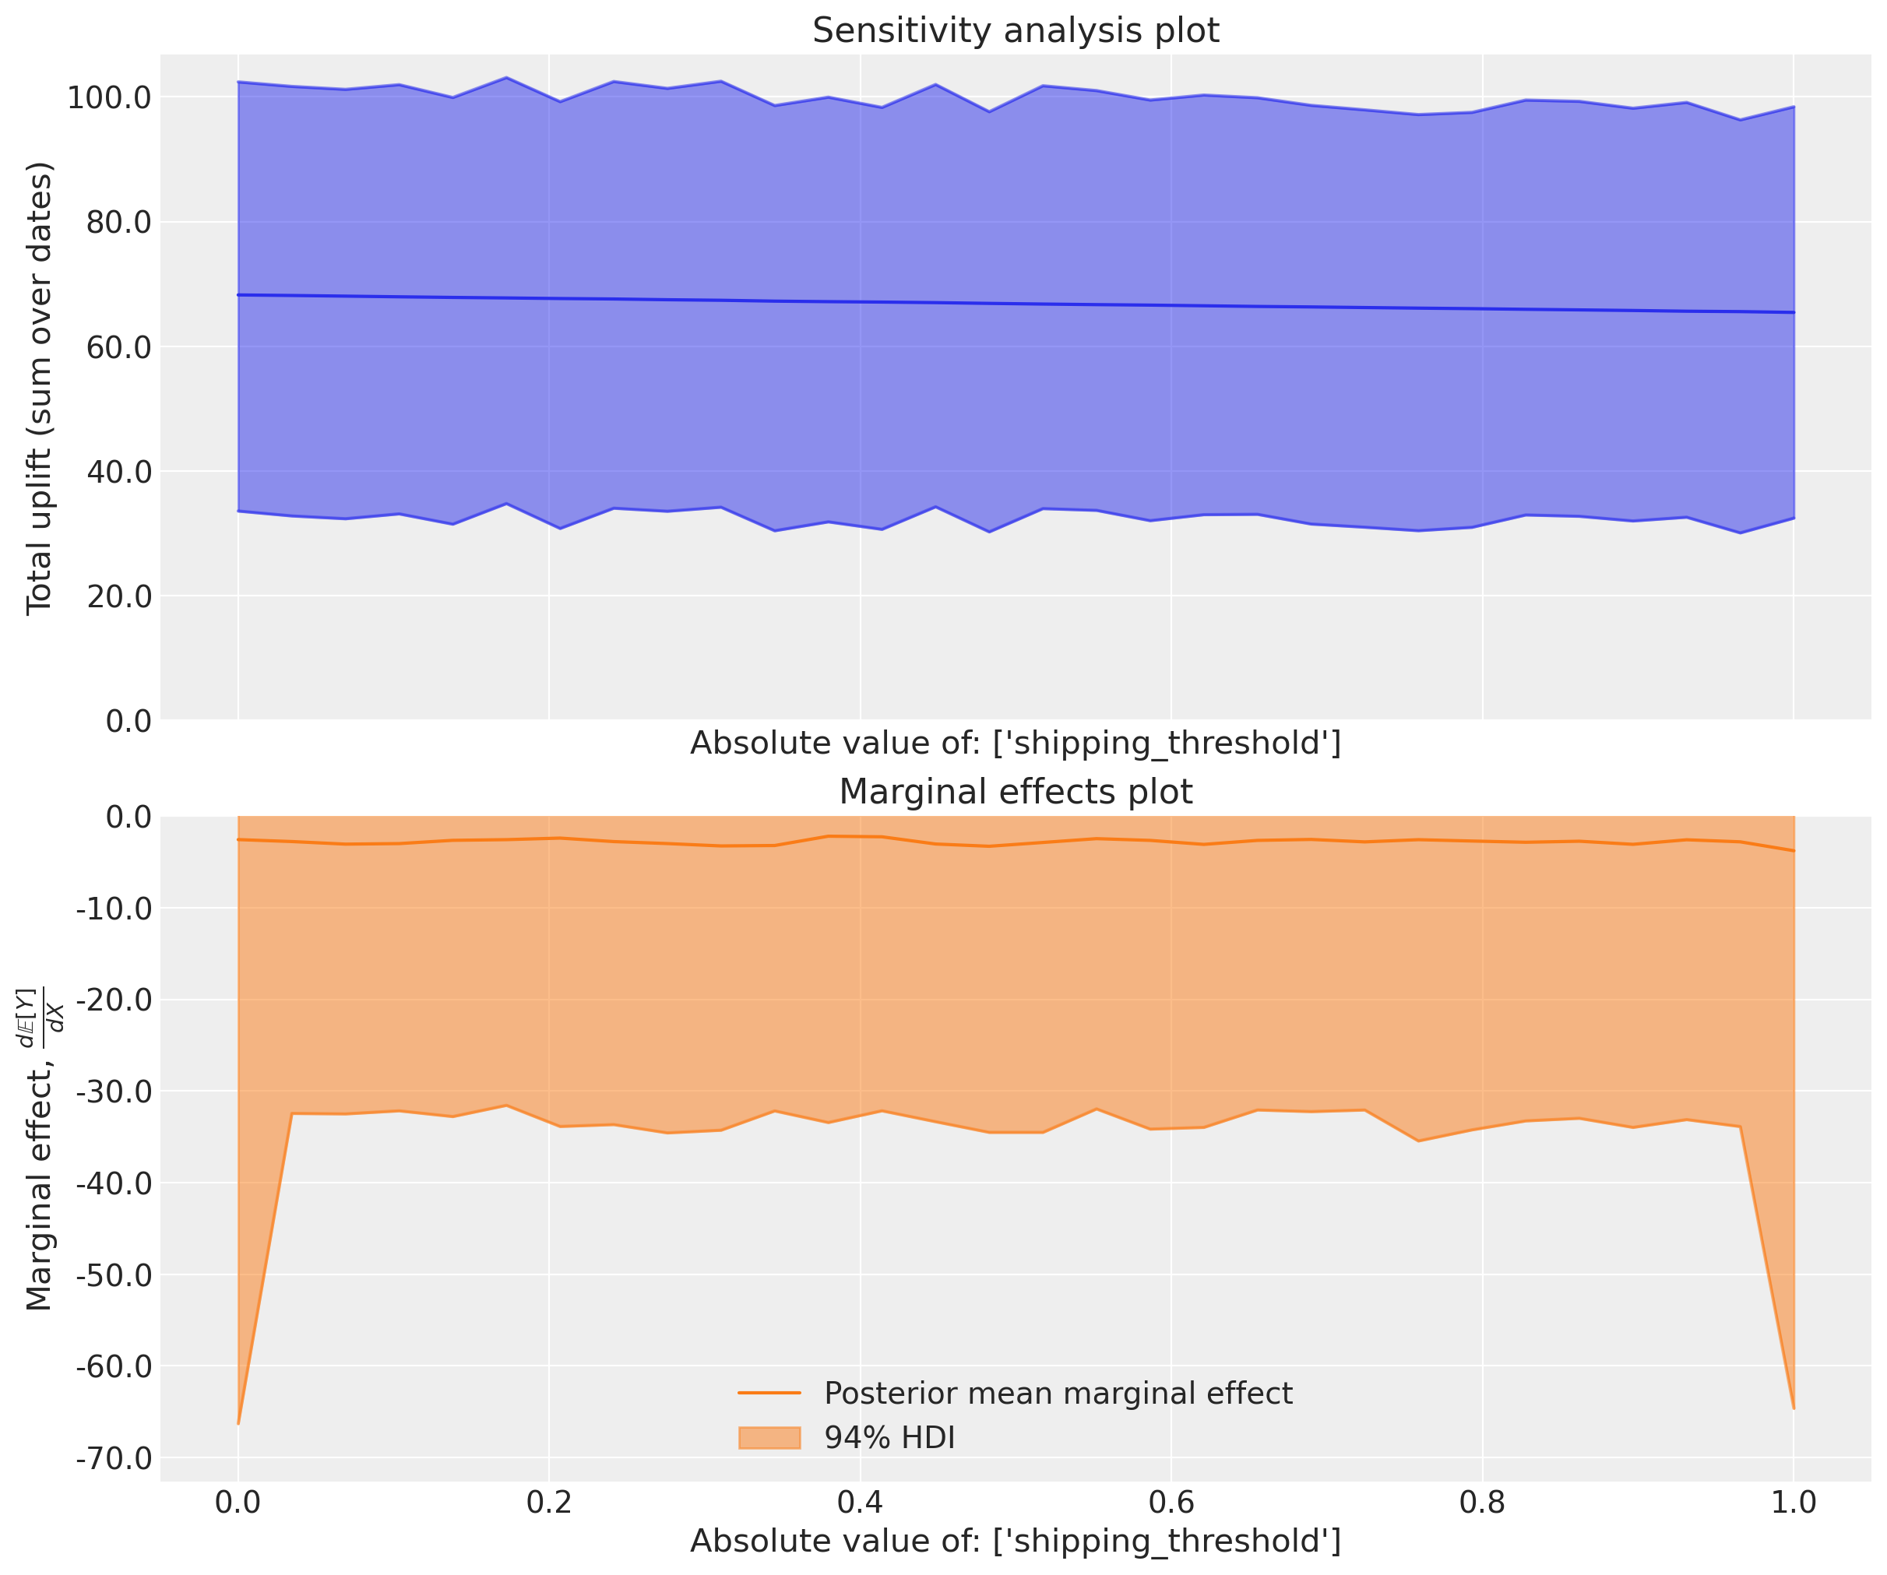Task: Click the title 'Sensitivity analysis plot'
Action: [1016, 30]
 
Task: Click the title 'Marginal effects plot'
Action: [1016, 792]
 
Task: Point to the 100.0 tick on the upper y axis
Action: [110, 98]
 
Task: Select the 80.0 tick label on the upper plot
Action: [118, 222]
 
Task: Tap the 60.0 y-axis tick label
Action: [118, 346]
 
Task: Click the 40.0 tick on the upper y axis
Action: [118, 472]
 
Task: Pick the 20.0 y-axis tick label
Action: [118, 596]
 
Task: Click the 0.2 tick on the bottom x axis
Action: [549, 1503]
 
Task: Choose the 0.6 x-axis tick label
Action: [1171, 1503]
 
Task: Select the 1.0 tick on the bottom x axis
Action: [1794, 1503]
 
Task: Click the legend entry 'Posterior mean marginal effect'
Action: [1058, 1394]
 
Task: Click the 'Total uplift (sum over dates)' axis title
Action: [40, 388]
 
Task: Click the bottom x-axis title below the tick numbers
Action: [1016, 1542]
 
